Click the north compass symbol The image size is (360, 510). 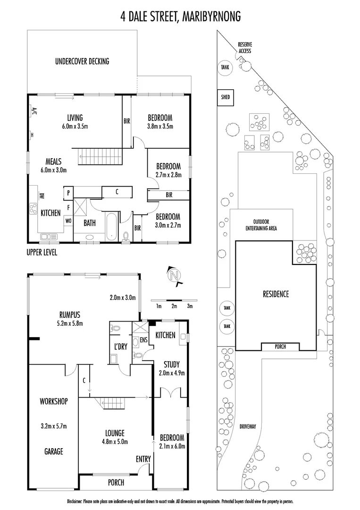tap(175, 275)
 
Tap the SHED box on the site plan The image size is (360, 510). tap(226, 97)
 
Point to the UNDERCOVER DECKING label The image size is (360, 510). tap(82, 61)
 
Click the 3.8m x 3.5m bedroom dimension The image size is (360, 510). tap(160, 126)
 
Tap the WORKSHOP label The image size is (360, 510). tap(54, 401)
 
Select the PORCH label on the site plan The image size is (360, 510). tap(280, 347)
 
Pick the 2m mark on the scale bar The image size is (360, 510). tap(174, 306)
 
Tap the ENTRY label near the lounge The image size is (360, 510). tap(143, 459)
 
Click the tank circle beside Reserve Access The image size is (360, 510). tap(225, 68)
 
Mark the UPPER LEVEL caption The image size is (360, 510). tap(42, 253)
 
